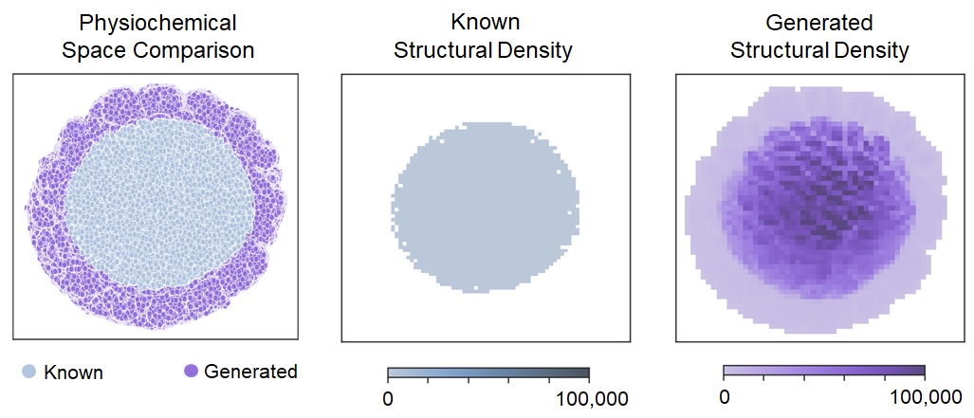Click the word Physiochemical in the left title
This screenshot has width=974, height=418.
158,22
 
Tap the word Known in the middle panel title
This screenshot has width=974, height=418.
484,22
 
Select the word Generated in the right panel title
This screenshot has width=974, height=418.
820,22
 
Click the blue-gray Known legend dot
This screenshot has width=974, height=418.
29,372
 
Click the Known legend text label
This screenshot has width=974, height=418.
73,373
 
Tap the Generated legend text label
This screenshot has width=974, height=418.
250,372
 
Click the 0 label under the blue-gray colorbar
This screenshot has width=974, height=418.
388,398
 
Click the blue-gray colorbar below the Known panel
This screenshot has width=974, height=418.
488,373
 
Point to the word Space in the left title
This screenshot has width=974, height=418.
96,50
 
